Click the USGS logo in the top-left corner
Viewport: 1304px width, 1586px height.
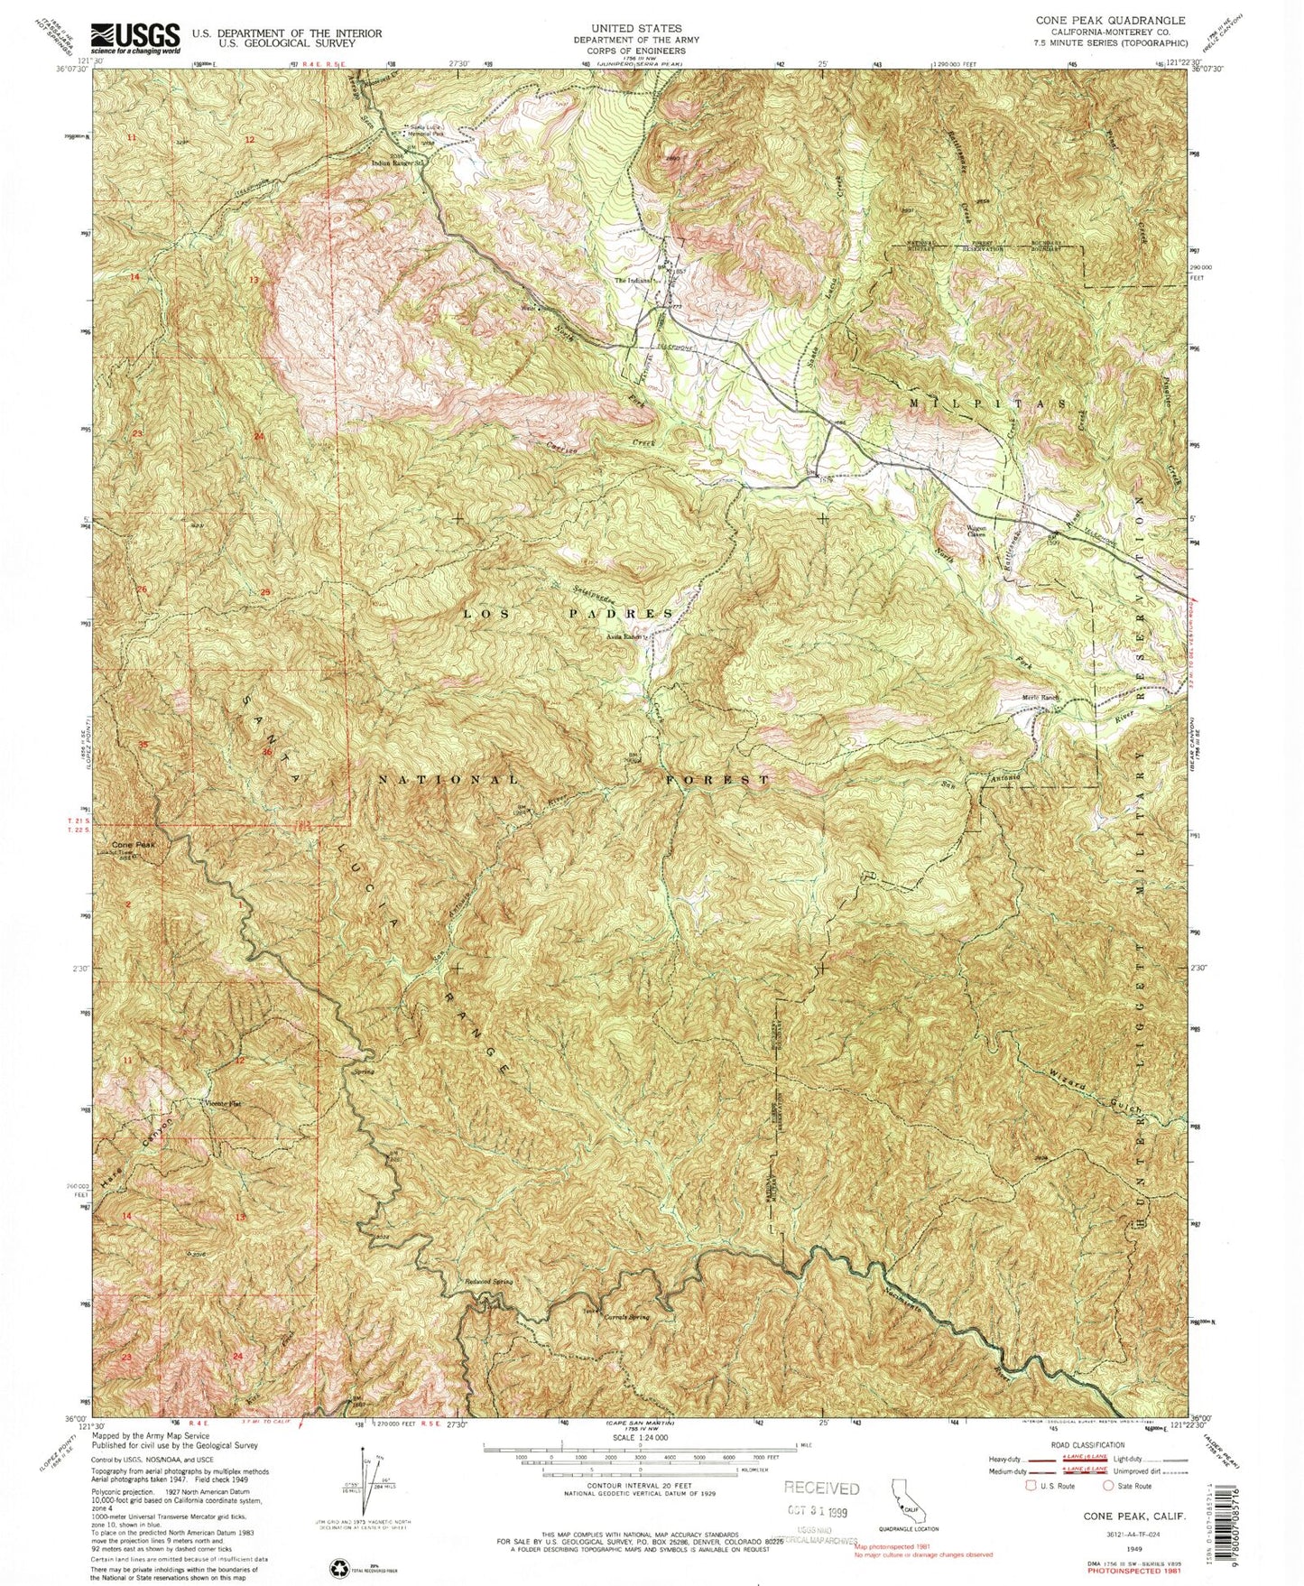(x=135, y=38)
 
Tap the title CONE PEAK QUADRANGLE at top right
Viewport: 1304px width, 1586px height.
(x=1111, y=19)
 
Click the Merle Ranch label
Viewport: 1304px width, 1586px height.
(x=1039, y=697)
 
